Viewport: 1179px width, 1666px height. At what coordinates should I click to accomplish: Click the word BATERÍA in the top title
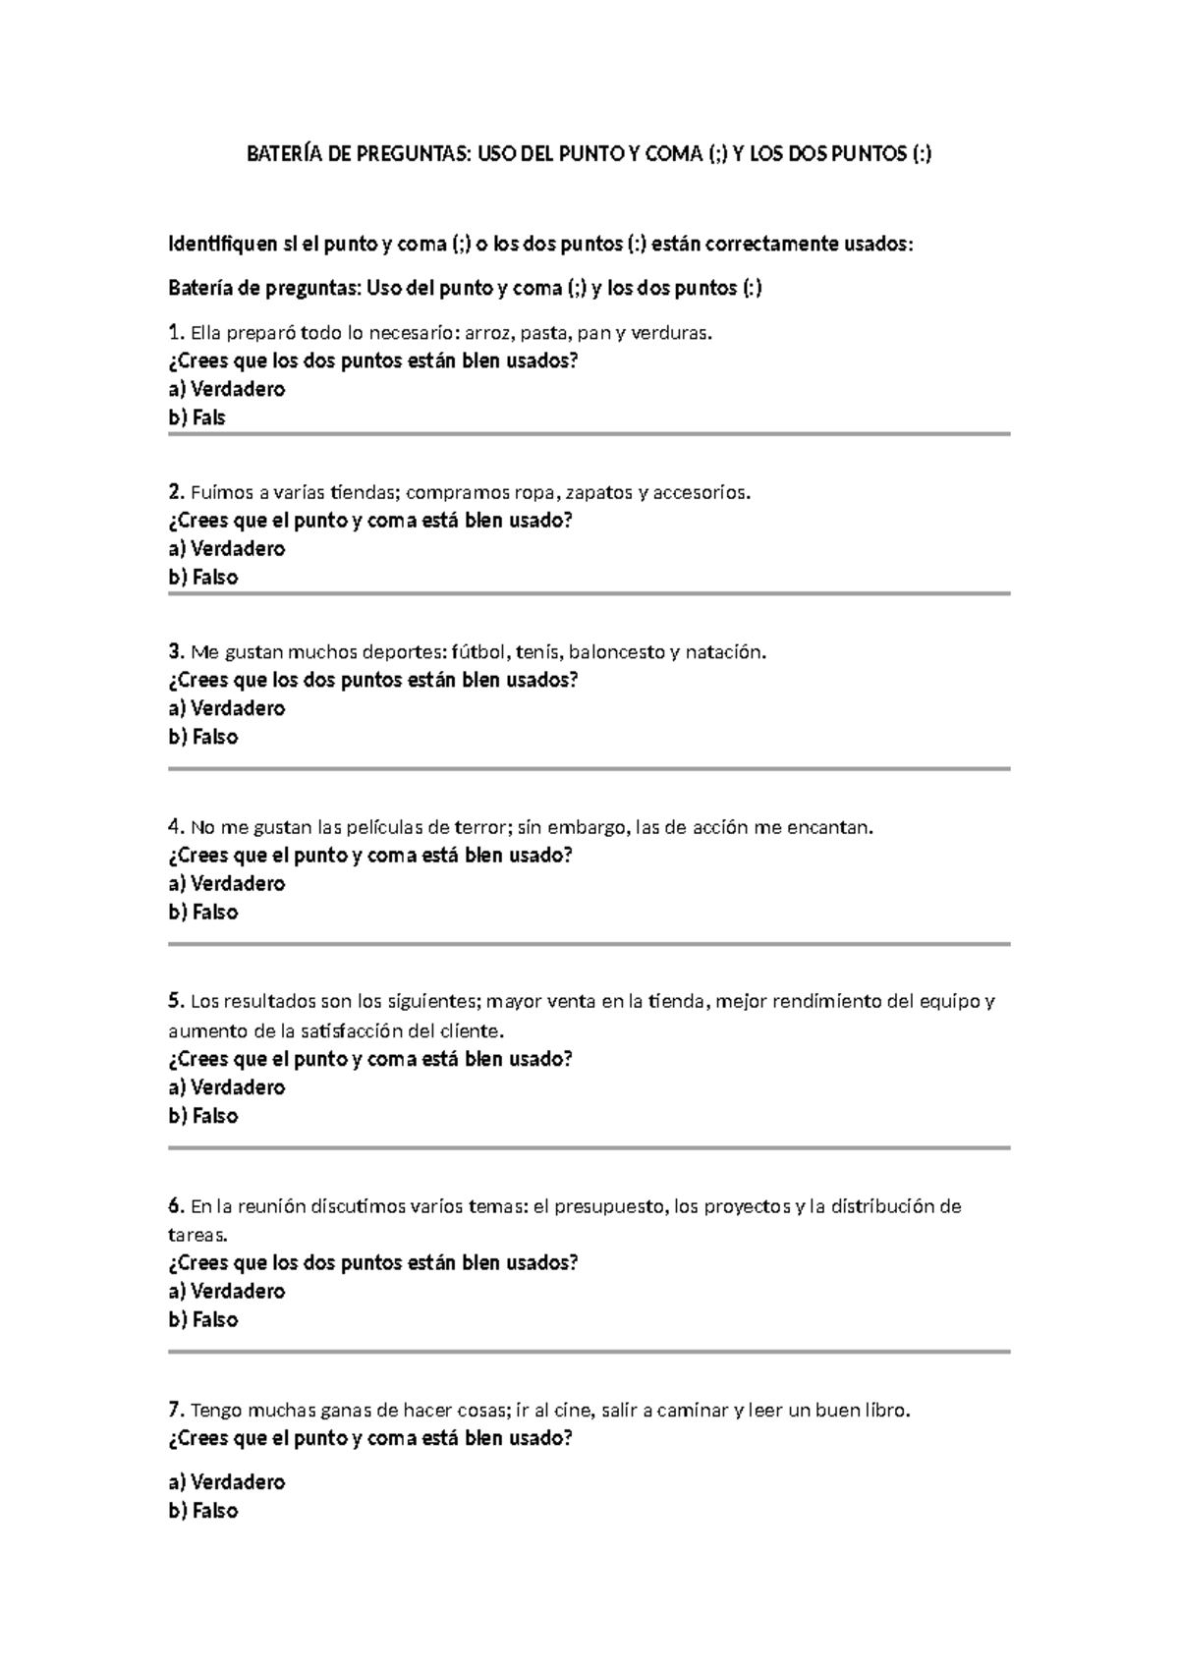279,154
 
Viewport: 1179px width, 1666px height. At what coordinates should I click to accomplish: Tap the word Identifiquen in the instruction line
224,244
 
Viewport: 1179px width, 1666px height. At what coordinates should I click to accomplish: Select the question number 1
175,332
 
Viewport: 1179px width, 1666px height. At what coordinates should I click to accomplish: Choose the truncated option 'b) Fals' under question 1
196,417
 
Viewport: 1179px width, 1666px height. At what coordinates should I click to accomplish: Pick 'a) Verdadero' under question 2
227,548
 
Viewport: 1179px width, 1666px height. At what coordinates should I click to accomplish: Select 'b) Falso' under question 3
203,737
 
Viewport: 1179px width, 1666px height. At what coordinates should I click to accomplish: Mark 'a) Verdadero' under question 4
227,883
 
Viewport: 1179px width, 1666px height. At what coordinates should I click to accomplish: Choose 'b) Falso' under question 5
203,1116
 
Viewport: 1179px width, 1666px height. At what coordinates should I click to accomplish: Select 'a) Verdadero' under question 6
227,1291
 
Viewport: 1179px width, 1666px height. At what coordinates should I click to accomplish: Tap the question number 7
175,1411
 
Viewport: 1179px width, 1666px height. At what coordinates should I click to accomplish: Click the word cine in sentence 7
572,1411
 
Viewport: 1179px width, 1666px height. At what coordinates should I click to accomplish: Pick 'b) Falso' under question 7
203,1511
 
